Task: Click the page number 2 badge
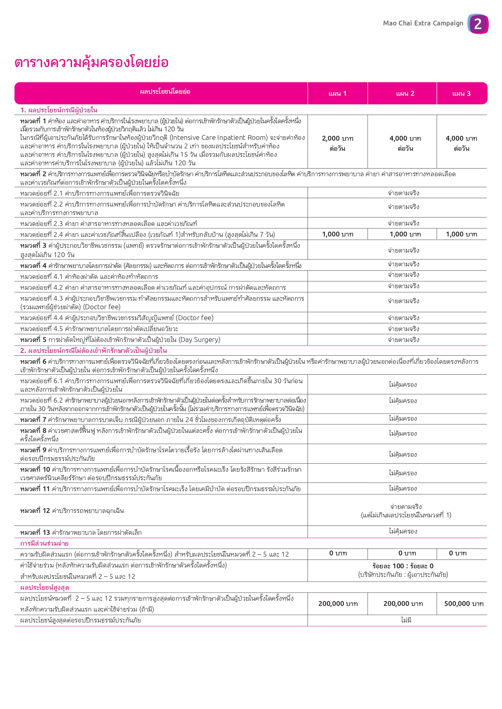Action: coord(478,24)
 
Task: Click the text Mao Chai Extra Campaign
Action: coord(423,23)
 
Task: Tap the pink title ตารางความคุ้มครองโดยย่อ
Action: coord(91,63)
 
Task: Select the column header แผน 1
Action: coord(337,94)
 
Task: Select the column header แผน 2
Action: coord(405,94)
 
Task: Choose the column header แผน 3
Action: coord(461,94)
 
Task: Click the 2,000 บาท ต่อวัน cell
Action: coord(337,143)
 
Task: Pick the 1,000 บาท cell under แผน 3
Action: coord(461,234)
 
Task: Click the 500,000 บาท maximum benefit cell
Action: coord(464,604)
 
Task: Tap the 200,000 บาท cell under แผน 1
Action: coord(338,604)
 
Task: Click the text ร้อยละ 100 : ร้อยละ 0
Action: coord(403,566)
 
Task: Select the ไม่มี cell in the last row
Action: coord(406,620)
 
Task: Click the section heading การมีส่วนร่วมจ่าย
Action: coord(44,544)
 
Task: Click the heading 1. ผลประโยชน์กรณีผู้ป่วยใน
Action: coord(59,110)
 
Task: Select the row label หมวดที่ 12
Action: coord(35,511)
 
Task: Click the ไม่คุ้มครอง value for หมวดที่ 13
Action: coord(403,532)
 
